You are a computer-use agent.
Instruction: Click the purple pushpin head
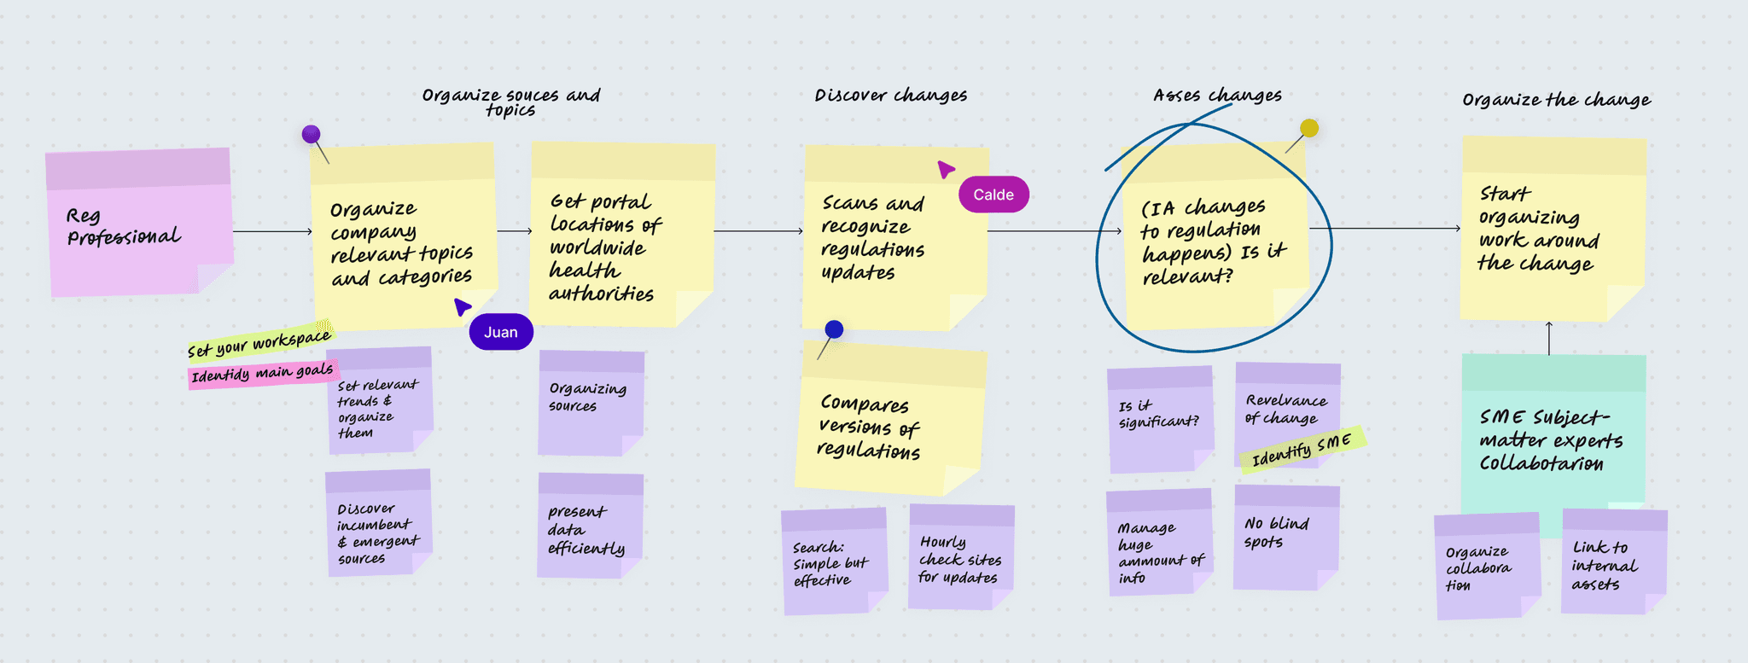tap(311, 134)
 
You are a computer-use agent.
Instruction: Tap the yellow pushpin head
tap(1309, 128)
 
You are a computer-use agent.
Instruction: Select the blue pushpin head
tap(835, 329)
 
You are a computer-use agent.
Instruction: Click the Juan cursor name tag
tap(501, 332)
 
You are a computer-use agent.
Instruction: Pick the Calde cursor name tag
tap(993, 195)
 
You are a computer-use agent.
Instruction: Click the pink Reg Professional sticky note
tap(140, 222)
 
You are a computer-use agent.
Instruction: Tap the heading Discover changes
tap(891, 95)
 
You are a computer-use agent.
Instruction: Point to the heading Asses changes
tap(1218, 95)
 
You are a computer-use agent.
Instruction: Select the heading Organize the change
tap(1556, 100)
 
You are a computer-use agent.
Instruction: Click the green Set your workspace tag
tap(260, 342)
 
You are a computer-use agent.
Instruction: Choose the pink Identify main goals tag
tap(263, 373)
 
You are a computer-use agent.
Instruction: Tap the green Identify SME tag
tap(1302, 448)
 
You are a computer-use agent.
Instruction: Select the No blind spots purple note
tap(1286, 537)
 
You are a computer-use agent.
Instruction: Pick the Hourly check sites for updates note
tap(961, 556)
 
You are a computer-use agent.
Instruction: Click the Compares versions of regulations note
tap(890, 418)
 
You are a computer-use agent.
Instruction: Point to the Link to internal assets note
tap(1614, 561)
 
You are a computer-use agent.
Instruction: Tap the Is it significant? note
tap(1161, 420)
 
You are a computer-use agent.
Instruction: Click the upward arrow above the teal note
tap(1549, 338)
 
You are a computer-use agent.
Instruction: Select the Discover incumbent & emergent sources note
tap(378, 522)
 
